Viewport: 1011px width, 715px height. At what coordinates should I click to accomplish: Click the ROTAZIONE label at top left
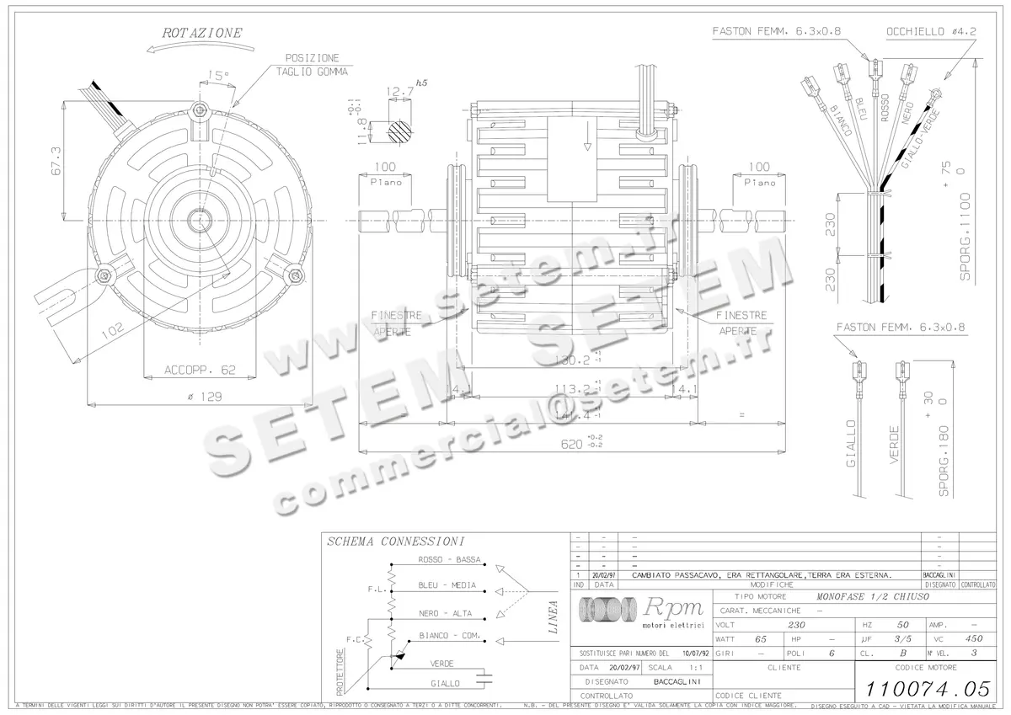(201, 33)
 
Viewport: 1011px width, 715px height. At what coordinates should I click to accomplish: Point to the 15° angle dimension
(217, 76)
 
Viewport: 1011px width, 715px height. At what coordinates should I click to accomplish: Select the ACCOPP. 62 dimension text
(201, 369)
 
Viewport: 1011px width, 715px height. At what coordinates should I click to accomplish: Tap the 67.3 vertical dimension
(56, 162)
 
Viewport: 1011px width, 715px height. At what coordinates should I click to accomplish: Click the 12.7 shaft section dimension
(399, 91)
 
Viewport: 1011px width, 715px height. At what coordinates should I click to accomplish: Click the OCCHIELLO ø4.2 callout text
(930, 31)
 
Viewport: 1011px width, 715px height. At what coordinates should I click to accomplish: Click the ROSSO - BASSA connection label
(450, 560)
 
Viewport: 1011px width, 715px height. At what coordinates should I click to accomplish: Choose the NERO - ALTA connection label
(445, 613)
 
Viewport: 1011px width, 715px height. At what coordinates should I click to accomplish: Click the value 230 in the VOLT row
(796, 625)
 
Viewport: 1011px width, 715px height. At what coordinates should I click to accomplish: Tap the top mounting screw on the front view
(199, 109)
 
